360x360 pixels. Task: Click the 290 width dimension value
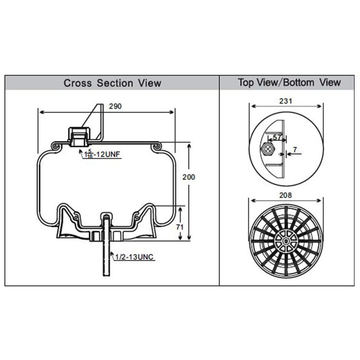116,107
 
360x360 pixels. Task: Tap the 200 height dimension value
189,177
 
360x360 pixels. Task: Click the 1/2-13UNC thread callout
134,257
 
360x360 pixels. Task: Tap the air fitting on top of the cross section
80,135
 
